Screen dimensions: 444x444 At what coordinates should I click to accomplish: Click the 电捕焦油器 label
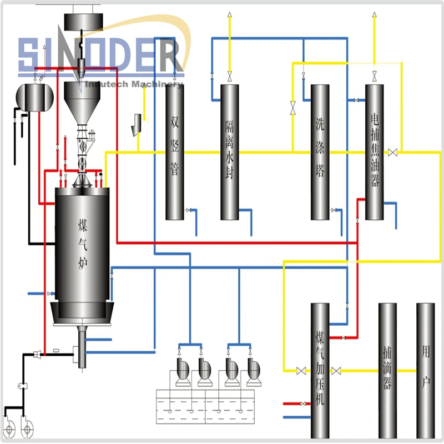(375, 150)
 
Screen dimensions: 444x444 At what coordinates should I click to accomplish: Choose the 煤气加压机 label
(320, 369)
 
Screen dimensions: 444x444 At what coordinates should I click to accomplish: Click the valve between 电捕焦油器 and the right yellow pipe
(393, 152)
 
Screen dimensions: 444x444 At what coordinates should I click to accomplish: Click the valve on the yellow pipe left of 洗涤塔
(292, 108)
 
